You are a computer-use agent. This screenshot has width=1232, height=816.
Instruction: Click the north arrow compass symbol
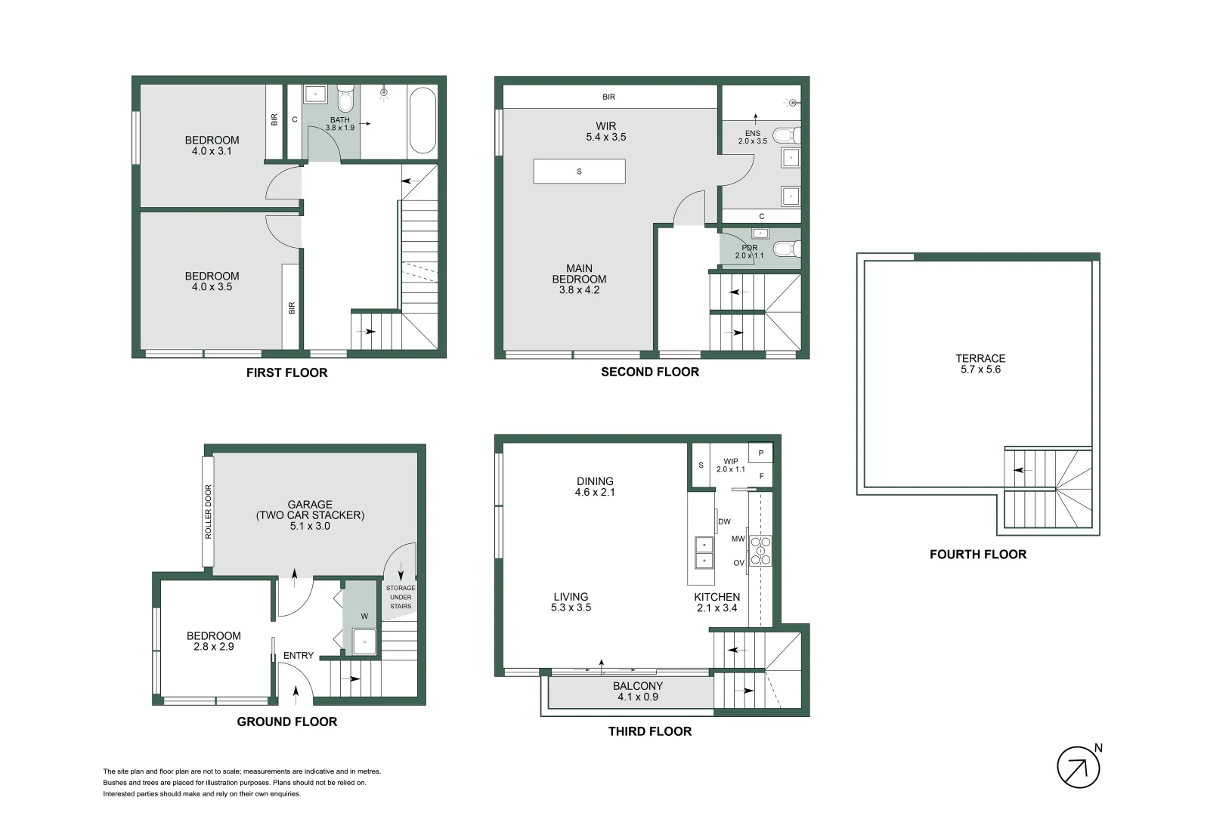(x=1078, y=768)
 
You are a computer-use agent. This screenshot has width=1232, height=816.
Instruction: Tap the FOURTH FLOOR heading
(x=977, y=555)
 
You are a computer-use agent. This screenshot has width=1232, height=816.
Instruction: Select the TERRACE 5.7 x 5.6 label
(x=980, y=364)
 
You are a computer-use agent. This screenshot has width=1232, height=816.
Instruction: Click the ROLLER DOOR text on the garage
(x=209, y=512)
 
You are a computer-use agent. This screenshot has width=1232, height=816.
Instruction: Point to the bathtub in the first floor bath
(x=422, y=121)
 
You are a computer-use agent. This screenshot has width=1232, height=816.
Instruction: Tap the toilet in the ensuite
(x=787, y=136)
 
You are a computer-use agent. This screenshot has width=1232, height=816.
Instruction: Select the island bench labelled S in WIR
(x=579, y=172)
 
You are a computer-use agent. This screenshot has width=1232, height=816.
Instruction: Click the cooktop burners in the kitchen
(x=760, y=550)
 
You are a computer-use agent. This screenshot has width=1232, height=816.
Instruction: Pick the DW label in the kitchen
(x=724, y=522)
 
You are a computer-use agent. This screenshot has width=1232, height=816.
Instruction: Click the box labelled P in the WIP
(x=760, y=453)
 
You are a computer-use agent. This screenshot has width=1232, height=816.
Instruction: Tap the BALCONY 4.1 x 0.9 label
(x=637, y=691)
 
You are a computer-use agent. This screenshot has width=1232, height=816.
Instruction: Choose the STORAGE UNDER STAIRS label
(x=400, y=597)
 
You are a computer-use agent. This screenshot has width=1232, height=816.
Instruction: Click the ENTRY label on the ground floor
(x=298, y=656)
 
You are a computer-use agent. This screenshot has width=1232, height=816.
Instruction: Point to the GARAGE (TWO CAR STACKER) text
(x=310, y=515)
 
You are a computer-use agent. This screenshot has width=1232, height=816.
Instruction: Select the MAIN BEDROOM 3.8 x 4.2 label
(x=579, y=279)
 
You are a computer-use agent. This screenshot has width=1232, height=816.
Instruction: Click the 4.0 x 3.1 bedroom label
(x=212, y=145)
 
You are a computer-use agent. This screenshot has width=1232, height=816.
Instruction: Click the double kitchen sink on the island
(x=704, y=552)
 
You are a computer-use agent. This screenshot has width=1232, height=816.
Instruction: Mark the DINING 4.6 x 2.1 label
(x=595, y=487)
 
